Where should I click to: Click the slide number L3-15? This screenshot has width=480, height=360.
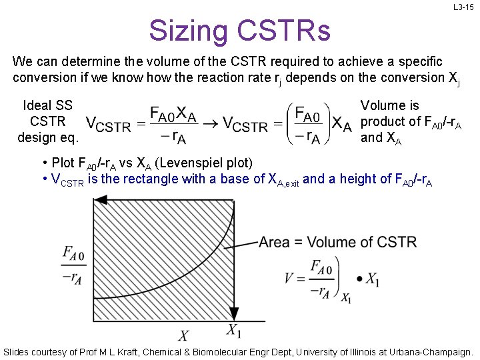click(463, 7)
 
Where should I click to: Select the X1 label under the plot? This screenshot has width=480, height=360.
click(233, 329)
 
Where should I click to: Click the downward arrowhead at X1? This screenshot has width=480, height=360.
click(234, 313)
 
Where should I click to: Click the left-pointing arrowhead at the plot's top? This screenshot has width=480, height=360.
click(101, 199)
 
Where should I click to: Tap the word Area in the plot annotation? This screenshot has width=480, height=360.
click(275, 242)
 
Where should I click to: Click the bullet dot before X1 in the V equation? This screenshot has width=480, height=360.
click(360, 278)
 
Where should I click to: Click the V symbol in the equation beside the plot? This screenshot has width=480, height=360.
click(288, 278)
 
